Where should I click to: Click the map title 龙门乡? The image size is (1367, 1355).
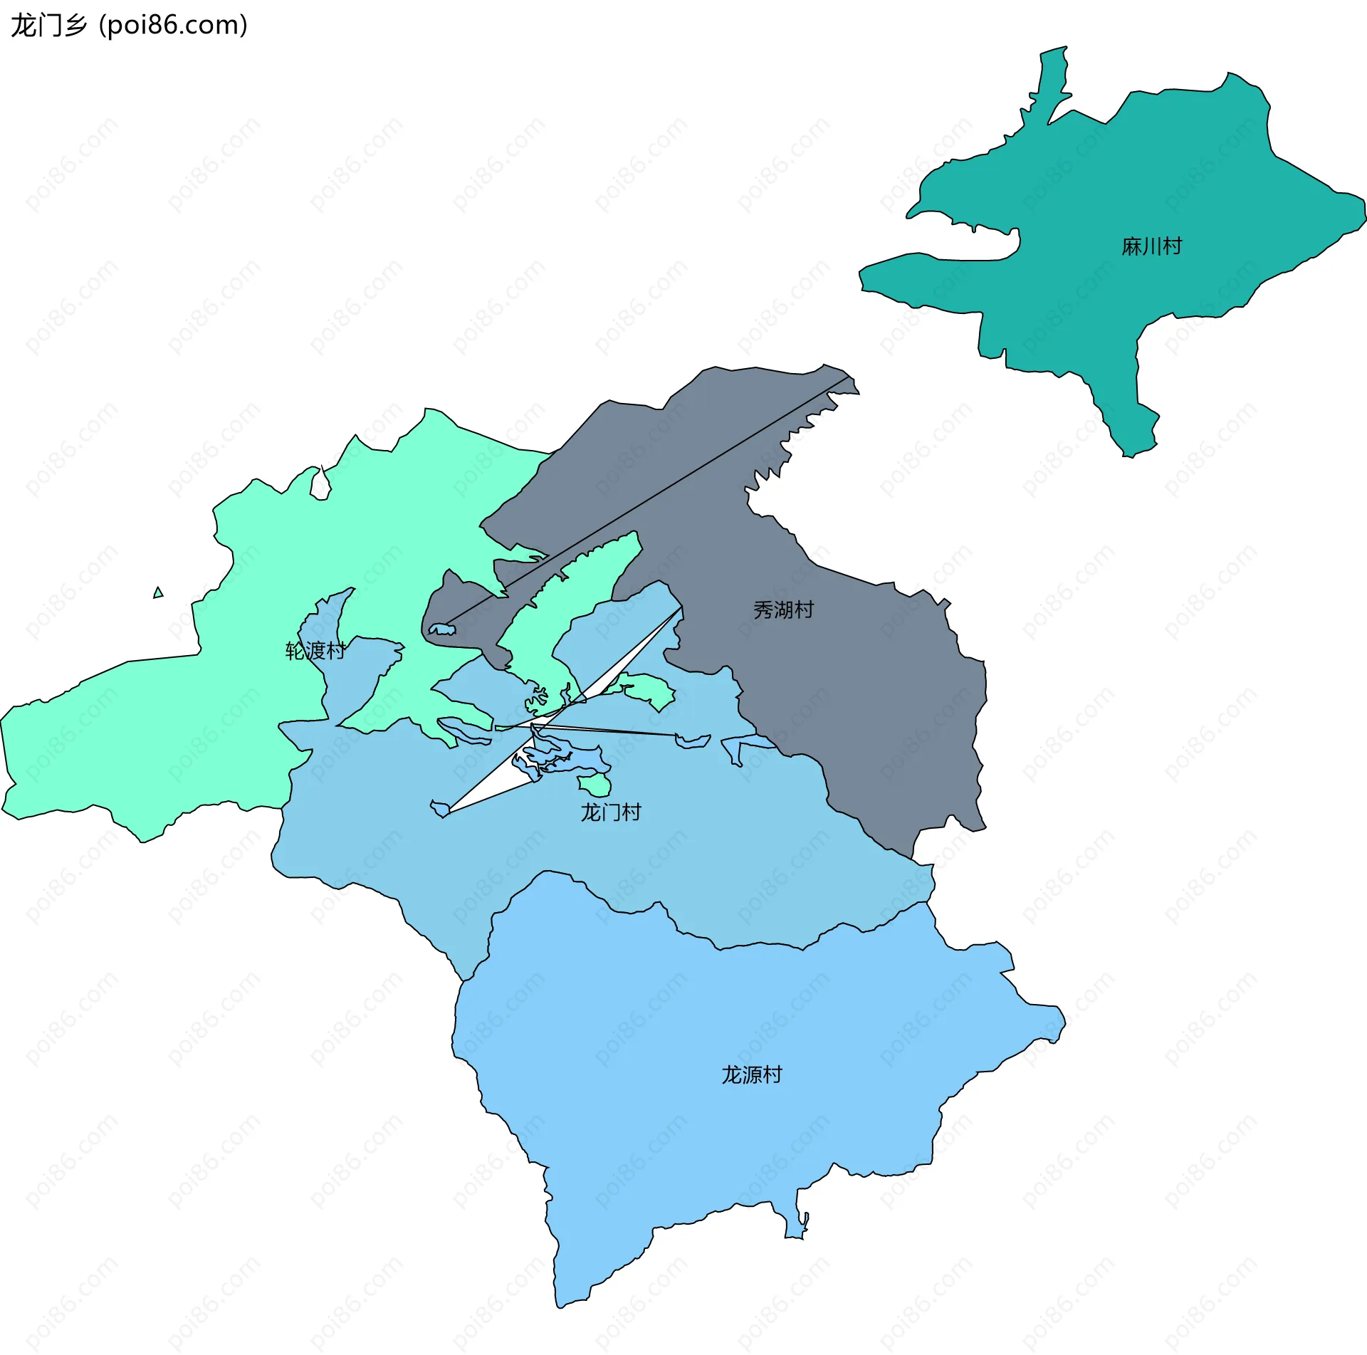(48, 26)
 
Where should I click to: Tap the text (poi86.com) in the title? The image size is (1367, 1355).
(174, 26)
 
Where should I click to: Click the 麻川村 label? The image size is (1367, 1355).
(1151, 246)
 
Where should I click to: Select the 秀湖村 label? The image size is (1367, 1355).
(783, 610)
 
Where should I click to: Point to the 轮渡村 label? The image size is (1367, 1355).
(315, 650)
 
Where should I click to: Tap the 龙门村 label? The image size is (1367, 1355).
(611, 812)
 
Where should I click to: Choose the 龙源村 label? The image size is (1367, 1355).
(752, 1074)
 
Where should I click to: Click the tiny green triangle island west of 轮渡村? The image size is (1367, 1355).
(158, 592)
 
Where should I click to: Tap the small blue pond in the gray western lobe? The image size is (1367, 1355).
(442, 629)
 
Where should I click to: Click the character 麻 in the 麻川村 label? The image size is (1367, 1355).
(1131, 246)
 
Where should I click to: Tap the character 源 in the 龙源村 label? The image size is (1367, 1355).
(752, 1074)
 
